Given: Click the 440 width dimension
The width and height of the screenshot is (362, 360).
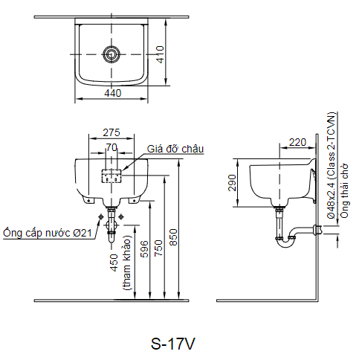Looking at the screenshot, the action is [x=113, y=93].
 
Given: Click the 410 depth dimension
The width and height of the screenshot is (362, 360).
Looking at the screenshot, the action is [x=161, y=54].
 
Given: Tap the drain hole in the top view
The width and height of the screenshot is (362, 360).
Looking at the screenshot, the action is [x=111, y=54].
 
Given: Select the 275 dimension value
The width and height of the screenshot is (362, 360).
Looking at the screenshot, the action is [x=111, y=132].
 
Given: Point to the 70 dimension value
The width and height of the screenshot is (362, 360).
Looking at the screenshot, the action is [x=111, y=147].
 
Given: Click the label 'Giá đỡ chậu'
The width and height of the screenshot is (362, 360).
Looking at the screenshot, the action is [x=175, y=149].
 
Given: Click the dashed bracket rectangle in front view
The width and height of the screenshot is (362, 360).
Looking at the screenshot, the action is [x=111, y=176].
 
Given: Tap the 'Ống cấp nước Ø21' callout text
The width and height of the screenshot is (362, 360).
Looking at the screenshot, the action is [x=48, y=233].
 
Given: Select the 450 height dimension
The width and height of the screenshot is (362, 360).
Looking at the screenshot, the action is [x=114, y=263].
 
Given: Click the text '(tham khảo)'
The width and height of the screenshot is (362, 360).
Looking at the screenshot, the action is [x=127, y=263].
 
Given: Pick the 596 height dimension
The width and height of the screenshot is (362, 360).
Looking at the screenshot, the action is [x=144, y=248].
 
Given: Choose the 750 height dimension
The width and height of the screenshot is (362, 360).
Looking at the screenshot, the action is [x=158, y=248].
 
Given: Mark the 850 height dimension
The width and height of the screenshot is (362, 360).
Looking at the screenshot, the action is [x=173, y=237].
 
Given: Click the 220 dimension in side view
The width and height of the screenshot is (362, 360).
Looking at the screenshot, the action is [x=297, y=142].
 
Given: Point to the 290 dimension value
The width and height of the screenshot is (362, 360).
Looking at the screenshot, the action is [x=232, y=183].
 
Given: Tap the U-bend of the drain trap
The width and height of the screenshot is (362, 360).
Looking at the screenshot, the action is [x=285, y=243].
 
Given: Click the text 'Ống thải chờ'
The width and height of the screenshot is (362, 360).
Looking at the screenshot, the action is [x=345, y=191].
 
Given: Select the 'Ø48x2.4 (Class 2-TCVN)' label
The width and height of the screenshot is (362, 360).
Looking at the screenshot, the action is [x=332, y=165].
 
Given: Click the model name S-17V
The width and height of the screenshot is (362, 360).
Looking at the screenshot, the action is [x=173, y=344].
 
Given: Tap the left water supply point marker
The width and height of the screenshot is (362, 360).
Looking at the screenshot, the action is [x=101, y=217].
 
